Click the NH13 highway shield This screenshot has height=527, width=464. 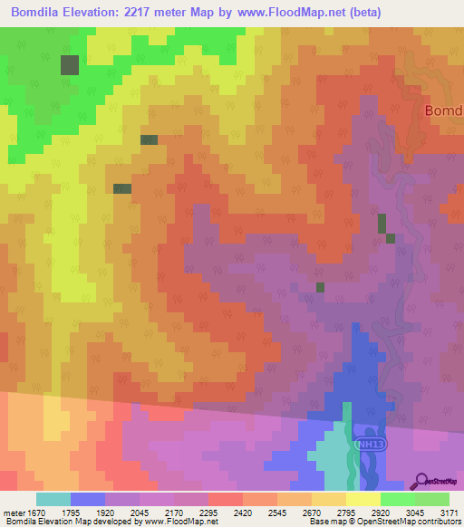click(x=368, y=445)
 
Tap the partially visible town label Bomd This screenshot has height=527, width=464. click(x=443, y=110)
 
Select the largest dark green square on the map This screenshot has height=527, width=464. click(x=70, y=64)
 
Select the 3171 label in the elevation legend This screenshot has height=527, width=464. click(x=449, y=513)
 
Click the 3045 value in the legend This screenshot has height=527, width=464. click(x=414, y=513)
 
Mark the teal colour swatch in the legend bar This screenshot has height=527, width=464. click(x=53, y=499)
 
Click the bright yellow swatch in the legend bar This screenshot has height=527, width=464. click(x=362, y=499)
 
